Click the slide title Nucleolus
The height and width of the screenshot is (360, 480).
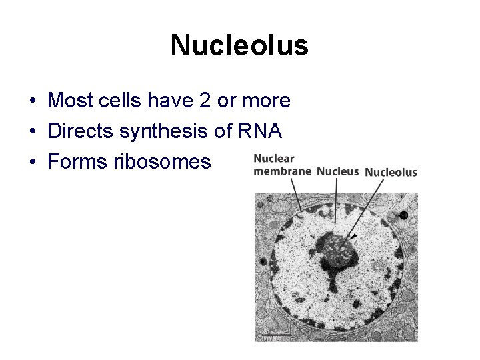click(x=239, y=45)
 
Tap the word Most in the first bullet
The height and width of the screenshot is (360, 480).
click(x=68, y=101)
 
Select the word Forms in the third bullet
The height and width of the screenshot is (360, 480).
click(x=74, y=162)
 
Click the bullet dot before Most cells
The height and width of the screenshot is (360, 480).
click(x=32, y=101)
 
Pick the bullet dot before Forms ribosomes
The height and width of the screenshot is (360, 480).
click(x=32, y=163)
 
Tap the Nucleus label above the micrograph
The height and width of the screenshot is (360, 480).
click(x=337, y=171)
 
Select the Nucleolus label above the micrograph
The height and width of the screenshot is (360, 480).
click(x=391, y=172)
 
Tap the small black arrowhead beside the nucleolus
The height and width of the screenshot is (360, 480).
click(x=354, y=237)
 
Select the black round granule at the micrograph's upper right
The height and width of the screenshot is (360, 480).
click(x=403, y=215)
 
